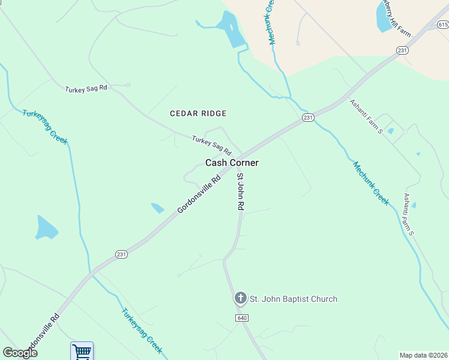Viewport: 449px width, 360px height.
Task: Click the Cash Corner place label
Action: click(232, 163)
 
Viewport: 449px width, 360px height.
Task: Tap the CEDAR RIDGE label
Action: click(198, 113)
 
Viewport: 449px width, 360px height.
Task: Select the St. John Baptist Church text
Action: click(294, 299)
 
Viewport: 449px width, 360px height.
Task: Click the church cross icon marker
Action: click(240, 298)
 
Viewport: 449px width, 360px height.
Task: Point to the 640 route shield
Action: click(242, 317)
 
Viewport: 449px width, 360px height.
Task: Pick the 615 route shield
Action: click(442, 25)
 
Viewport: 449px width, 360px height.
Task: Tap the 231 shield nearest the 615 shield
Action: click(402, 50)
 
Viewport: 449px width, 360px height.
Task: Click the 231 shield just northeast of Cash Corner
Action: click(308, 118)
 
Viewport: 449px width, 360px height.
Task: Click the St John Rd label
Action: click(241, 191)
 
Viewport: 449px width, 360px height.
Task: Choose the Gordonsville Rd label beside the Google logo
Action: click(40, 334)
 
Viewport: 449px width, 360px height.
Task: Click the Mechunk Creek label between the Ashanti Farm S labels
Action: click(371, 183)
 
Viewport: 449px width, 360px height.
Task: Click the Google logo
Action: click(20, 353)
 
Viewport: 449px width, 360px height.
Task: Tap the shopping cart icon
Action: click(82, 351)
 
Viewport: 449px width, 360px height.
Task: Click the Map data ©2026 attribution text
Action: click(424, 355)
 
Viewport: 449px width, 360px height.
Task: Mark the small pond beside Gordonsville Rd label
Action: click(158, 208)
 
